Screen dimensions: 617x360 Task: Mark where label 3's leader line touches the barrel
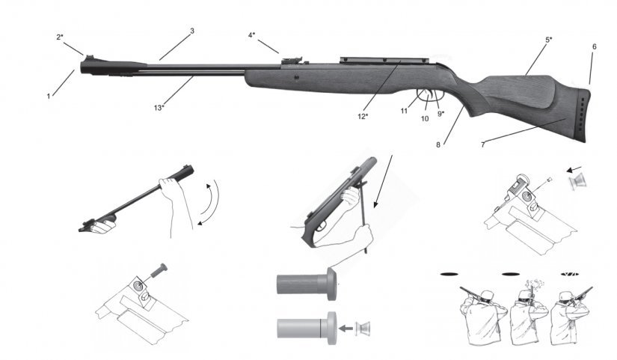[160, 61]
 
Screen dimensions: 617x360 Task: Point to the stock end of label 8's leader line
[463, 106]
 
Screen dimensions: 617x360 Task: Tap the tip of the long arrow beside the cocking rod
[374, 207]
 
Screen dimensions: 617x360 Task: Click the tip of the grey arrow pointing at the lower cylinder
[340, 328]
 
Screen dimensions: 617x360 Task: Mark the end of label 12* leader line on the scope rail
[400, 61]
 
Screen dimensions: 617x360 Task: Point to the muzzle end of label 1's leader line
[74, 71]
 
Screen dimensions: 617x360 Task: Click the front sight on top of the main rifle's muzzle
[88, 58]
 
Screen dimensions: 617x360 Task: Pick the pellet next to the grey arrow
[363, 328]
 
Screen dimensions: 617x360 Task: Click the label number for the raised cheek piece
[548, 40]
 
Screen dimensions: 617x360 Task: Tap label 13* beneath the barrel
[159, 108]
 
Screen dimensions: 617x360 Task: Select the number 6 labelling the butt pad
[594, 46]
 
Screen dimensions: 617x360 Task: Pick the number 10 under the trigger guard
[425, 118]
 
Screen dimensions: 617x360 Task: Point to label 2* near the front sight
[60, 37]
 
